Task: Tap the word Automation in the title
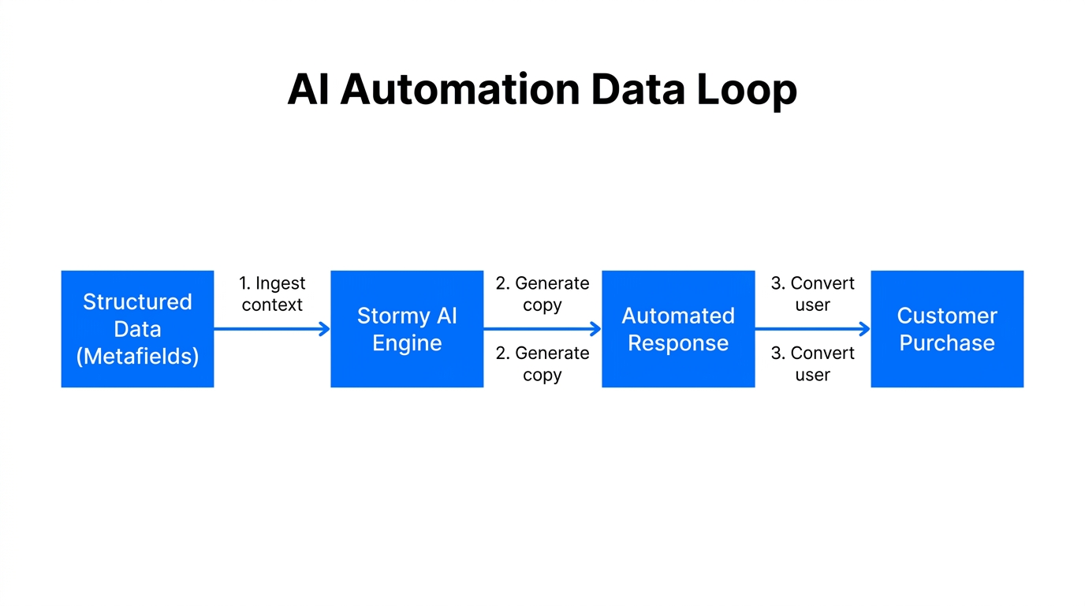[460, 89]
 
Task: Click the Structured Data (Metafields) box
[137, 329]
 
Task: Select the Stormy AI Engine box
[407, 329]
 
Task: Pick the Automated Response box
[678, 329]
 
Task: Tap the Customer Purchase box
[947, 329]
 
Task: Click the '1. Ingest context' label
[272, 294]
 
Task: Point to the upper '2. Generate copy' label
[542, 294]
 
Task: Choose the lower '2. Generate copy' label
[542, 364]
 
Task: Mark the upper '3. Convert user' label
[813, 294]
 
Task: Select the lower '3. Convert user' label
[813, 364]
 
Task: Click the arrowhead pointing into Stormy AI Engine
[325, 329]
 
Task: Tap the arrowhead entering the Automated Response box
[596, 329]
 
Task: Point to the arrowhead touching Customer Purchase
[865, 329]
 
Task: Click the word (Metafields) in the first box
[137, 356]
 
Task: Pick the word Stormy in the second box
[392, 316]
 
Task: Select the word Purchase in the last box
[947, 343]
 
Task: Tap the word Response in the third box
[678, 343]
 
